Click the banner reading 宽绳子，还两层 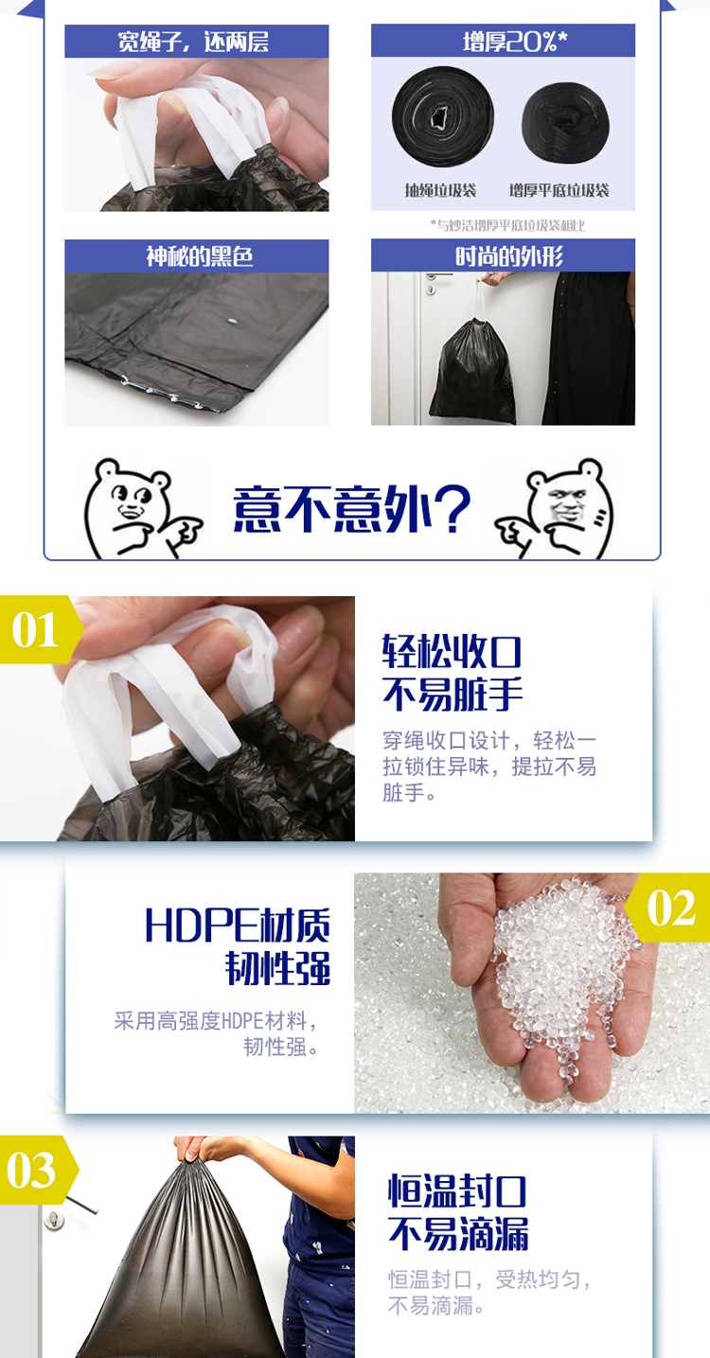[x=197, y=42]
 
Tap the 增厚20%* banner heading [x=503, y=41]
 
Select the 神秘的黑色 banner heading [x=197, y=256]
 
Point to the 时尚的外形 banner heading [x=503, y=256]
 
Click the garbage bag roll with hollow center [x=443, y=116]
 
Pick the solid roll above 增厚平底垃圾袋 [x=565, y=123]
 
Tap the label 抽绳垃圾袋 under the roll [x=441, y=190]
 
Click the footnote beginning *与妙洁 [x=507, y=225]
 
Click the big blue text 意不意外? [x=351, y=508]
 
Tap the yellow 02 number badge [x=667, y=908]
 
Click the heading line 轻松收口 [x=452, y=652]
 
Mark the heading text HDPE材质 [x=238, y=926]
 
